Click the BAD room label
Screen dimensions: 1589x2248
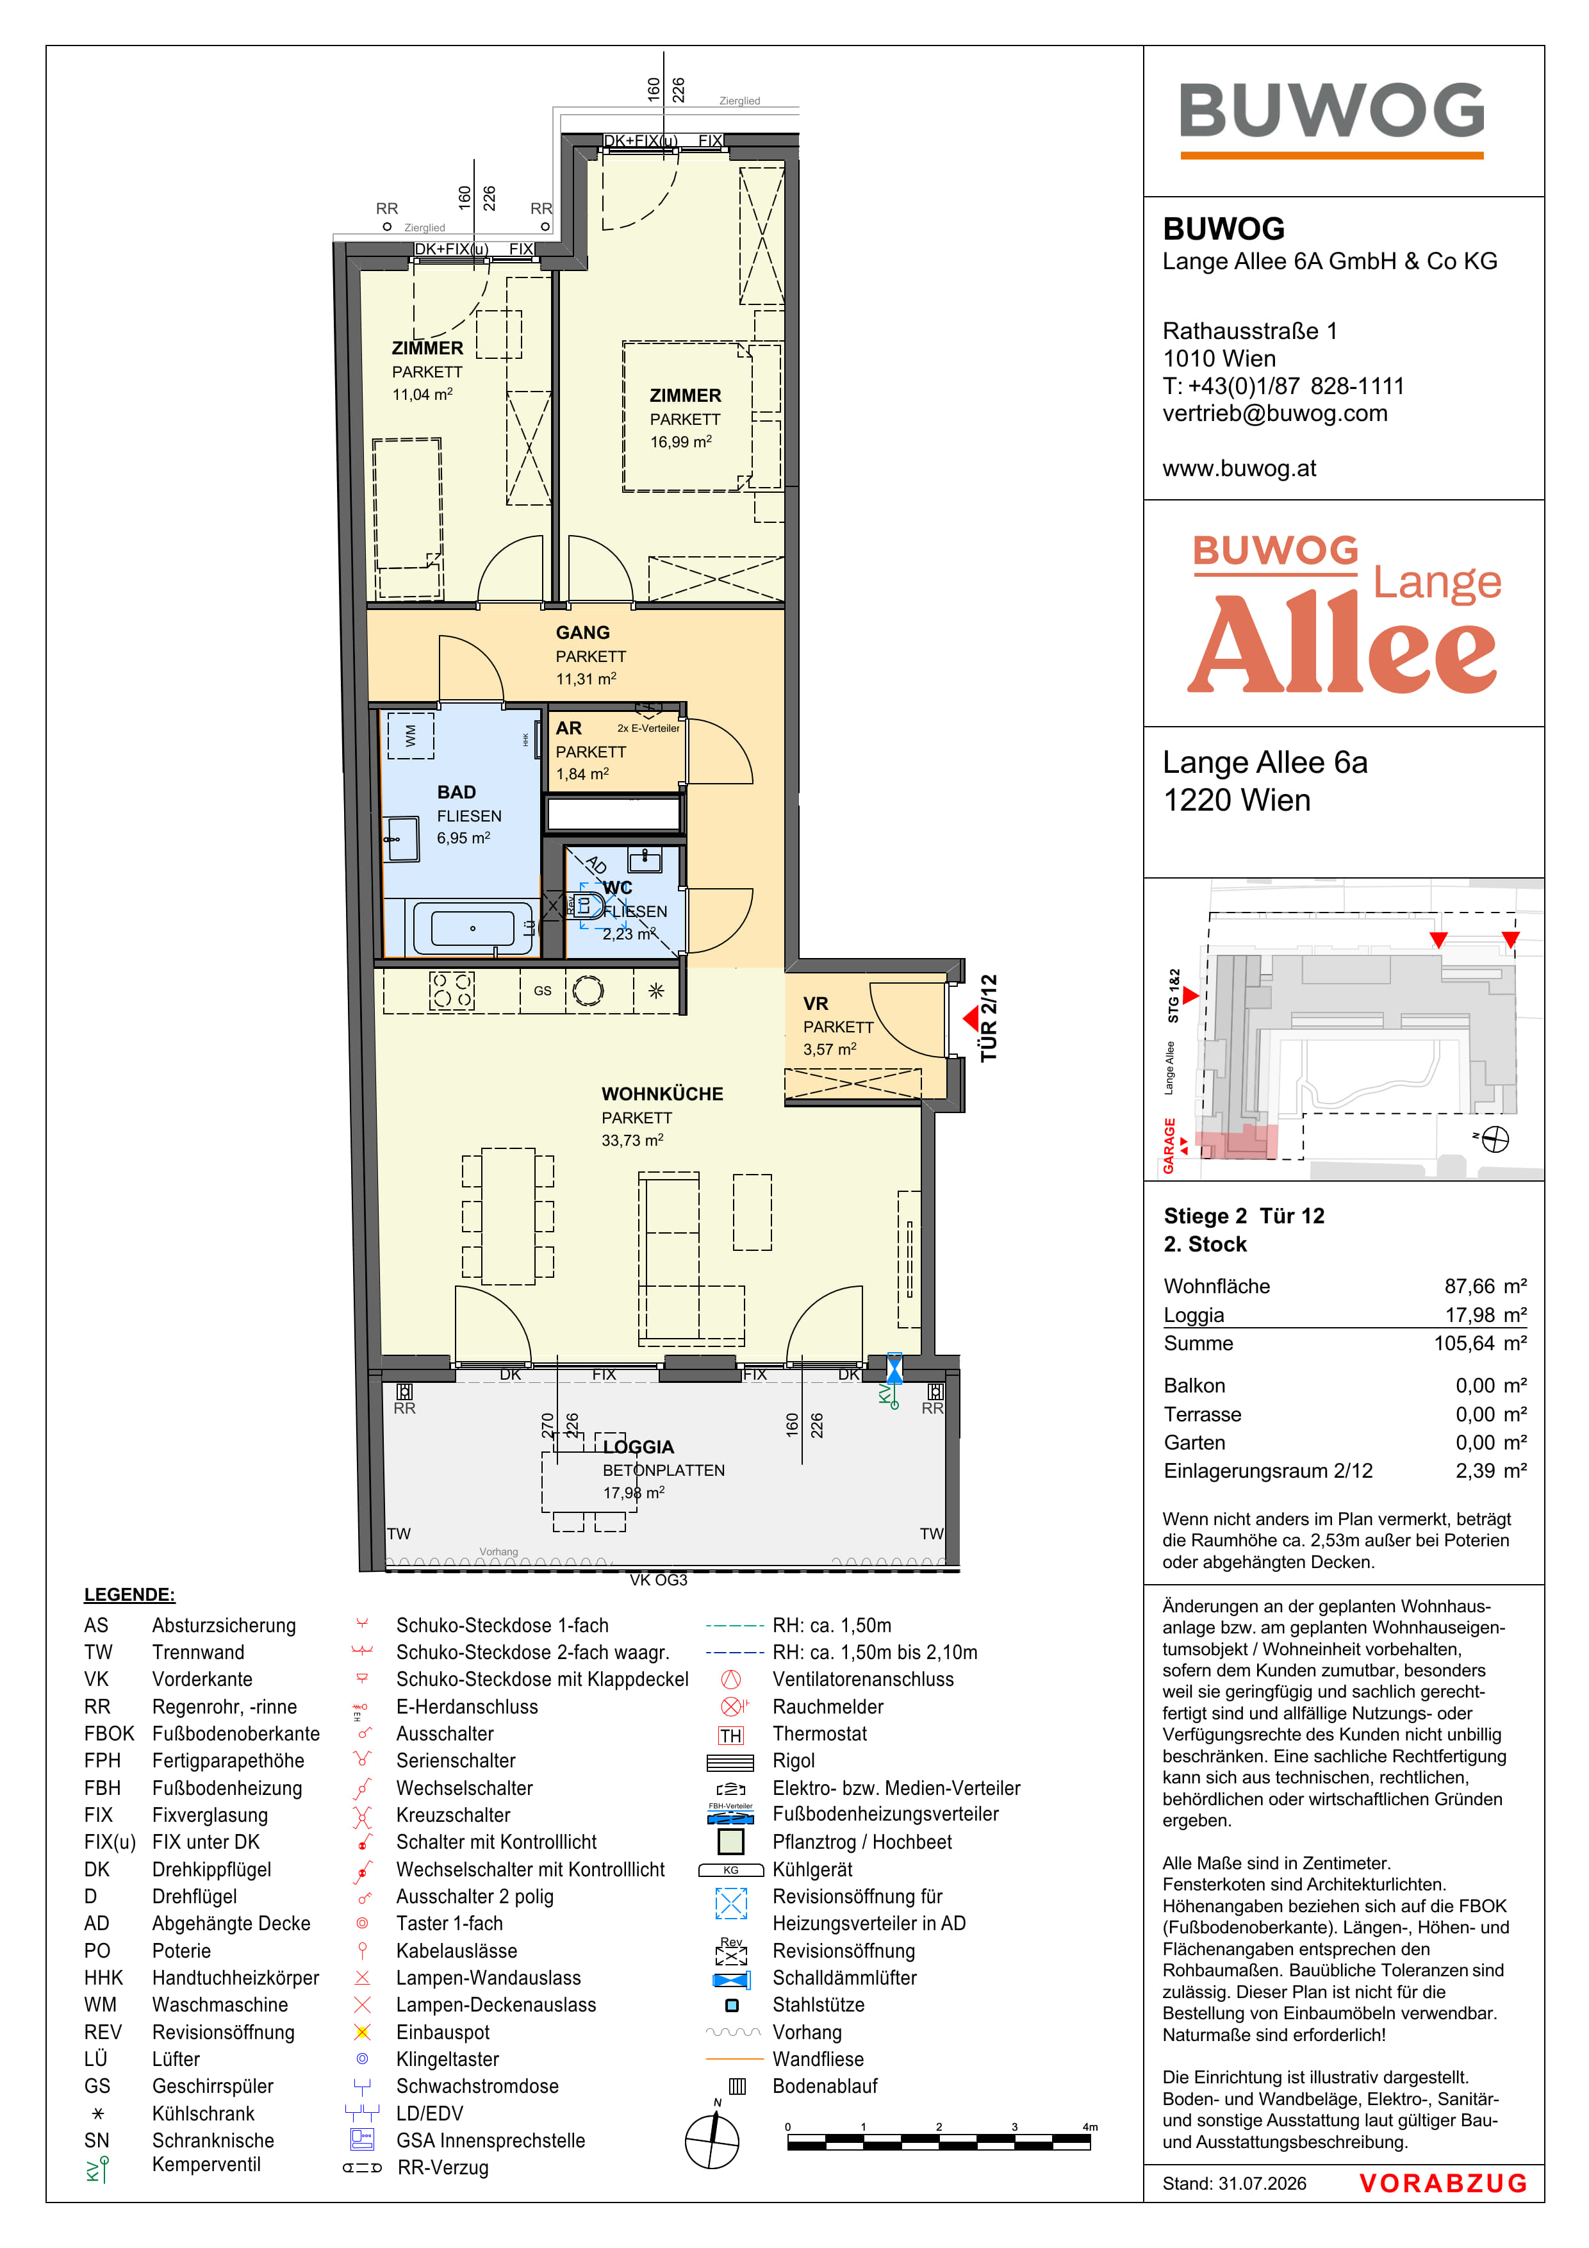point(456,792)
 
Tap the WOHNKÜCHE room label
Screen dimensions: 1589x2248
point(662,1094)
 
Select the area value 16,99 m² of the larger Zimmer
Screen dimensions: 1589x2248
point(680,442)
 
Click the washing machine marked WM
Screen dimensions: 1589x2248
point(410,734)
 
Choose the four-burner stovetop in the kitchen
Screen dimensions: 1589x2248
point(451,990)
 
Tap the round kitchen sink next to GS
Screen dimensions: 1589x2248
point(588,991)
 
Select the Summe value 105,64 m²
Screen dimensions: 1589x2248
point(1480,1343)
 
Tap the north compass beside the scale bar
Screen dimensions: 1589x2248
point(712,2141)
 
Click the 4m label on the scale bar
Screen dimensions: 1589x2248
point(1090,2127)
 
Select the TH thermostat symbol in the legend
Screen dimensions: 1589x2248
point(730,1735)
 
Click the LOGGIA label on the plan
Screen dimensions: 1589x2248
point(638,1447)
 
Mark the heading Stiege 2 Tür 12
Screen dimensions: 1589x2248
point(1244,1216)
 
